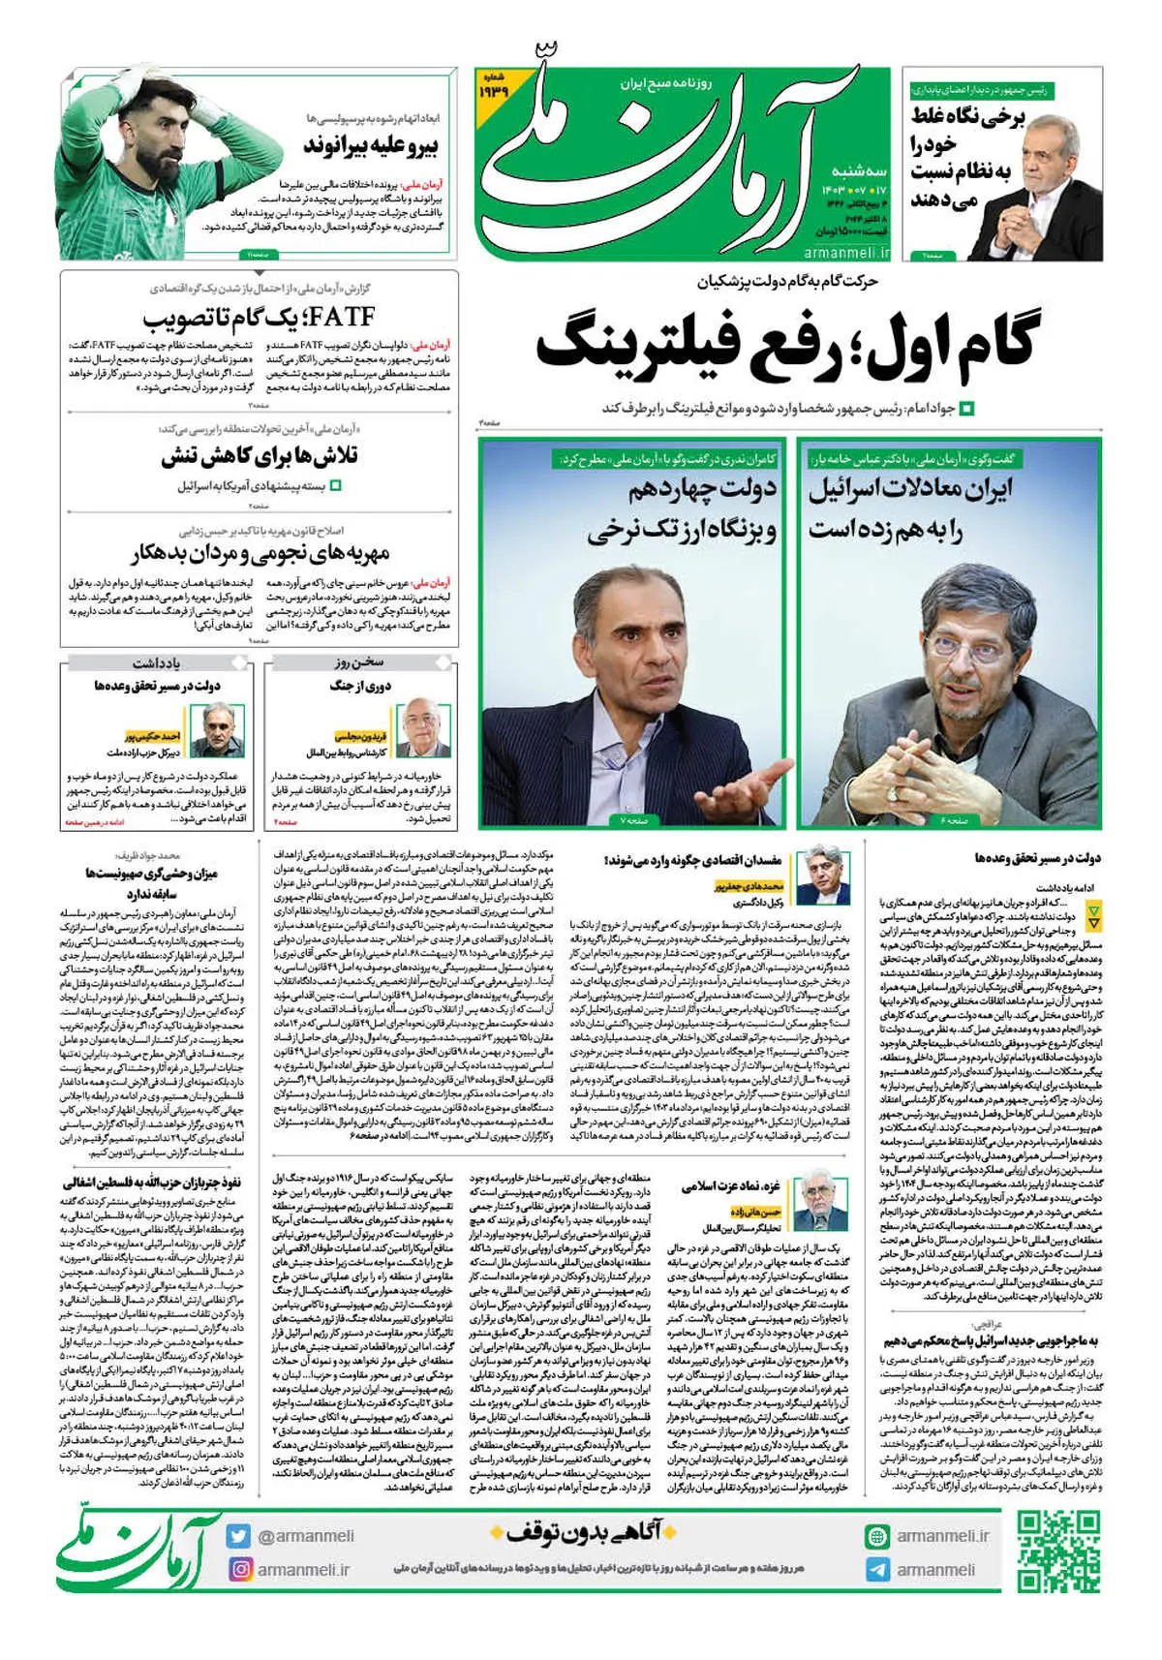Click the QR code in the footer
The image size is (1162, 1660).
point(1058,1552)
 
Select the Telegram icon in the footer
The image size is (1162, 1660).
point(877,1570)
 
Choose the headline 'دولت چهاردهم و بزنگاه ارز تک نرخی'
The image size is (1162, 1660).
point(683,509)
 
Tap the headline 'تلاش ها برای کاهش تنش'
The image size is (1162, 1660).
point(260,456)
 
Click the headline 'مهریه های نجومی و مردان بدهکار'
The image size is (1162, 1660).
point(260,554)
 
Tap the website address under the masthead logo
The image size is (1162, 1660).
point(845,254)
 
